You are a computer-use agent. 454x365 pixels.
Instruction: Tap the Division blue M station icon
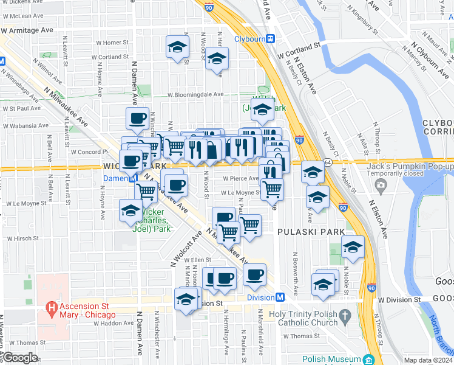coord(280,297)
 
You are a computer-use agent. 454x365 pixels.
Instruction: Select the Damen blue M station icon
coord(132,178)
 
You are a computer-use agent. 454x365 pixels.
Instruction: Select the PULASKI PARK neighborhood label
coord(311,232)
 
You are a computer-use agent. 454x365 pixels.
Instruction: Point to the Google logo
coord(19,358)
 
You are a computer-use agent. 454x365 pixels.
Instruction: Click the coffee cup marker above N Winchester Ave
coord(137,117)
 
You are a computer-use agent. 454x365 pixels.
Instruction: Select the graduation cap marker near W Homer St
coord(177,46)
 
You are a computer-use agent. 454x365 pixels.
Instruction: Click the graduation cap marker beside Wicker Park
coord(130,210)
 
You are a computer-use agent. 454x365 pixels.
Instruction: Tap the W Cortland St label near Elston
coord(299,47)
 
